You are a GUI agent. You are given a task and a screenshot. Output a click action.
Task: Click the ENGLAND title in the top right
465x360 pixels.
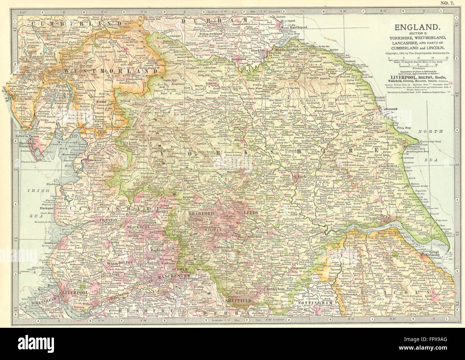coord(416,27)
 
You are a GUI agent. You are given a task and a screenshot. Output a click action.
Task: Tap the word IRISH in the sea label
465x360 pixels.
coord(40,191)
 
